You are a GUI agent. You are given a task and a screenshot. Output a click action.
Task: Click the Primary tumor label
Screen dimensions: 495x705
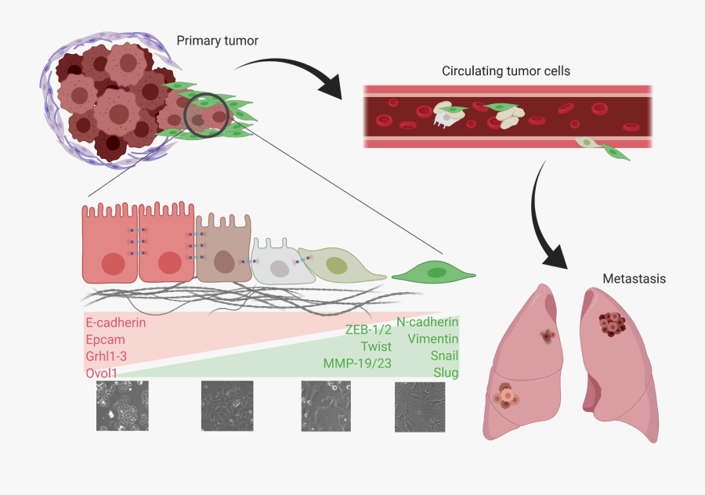click(x=217, y=41)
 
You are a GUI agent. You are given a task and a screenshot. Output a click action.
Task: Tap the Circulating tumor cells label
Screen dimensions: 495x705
click(x=505, y=71)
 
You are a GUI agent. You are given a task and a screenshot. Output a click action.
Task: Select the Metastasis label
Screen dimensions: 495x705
click(x=634, y=279)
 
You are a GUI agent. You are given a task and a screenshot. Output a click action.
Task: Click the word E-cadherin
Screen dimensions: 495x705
click(x=115, y=322)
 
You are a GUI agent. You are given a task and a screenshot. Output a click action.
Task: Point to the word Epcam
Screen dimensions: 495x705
click(x=105, y=339)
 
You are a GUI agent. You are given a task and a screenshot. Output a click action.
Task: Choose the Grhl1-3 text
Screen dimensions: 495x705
click(x=107, y=356)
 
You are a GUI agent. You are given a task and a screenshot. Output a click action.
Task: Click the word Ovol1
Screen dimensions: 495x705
click(x=102, y=374)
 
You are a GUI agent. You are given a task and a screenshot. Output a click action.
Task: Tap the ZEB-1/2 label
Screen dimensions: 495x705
click(x=367, y=330)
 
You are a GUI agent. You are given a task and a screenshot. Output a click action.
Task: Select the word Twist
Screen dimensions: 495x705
click(x=376, y=346)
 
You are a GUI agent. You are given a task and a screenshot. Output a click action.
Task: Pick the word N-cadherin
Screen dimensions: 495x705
click(x=427, y=321)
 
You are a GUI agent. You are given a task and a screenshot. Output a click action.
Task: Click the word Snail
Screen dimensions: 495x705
click(x=443, y=355)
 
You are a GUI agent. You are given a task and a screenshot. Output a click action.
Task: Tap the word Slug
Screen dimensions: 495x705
click(x=446, y=372)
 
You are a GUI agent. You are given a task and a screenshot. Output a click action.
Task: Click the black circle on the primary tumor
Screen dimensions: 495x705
click(x=207, y=114)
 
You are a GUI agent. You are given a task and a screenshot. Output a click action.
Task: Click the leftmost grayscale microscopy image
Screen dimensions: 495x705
click(x=117, y=406)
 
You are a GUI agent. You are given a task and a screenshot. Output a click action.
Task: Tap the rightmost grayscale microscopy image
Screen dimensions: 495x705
click(x=420, y=406)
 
